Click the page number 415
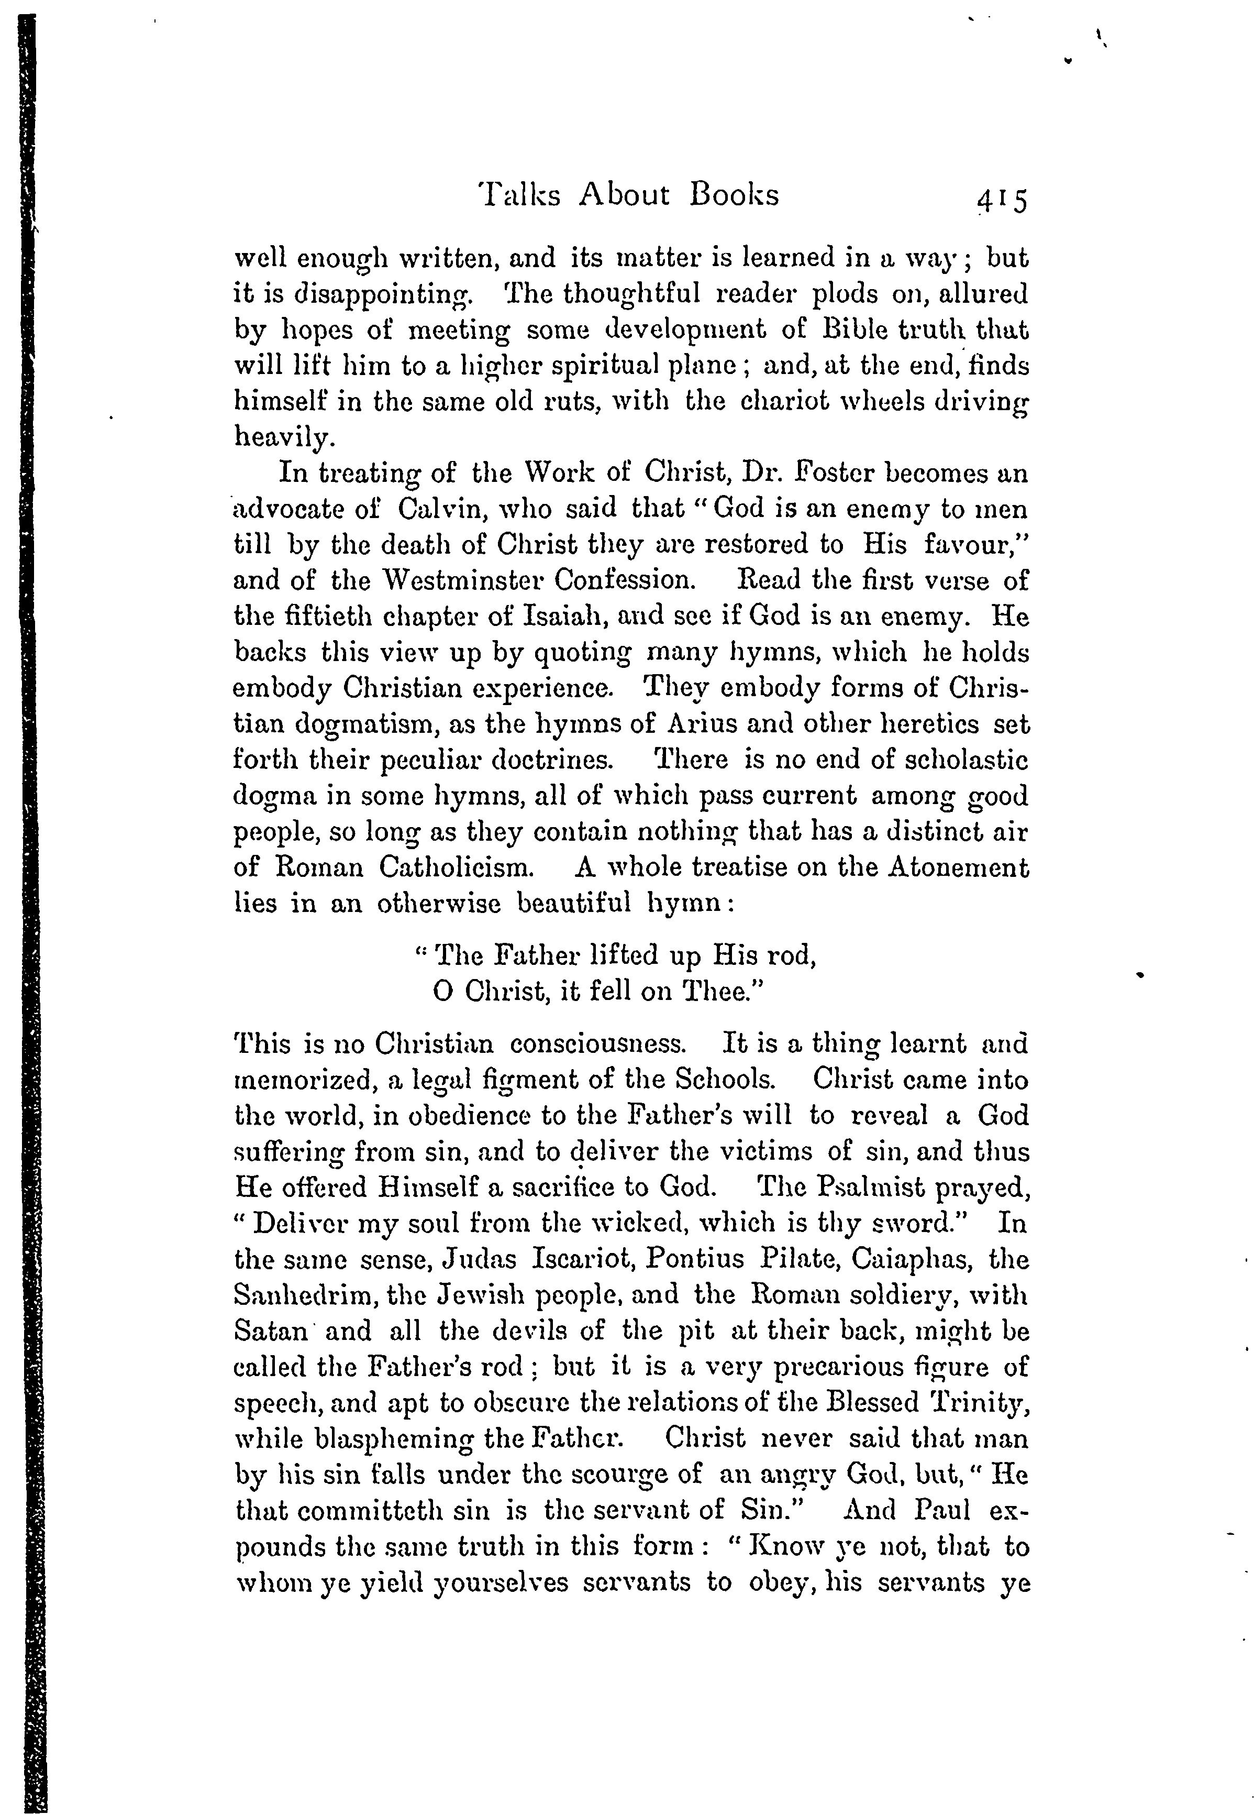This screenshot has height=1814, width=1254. point(1002,201)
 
